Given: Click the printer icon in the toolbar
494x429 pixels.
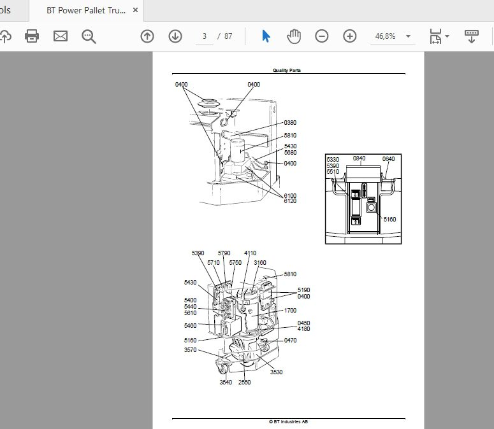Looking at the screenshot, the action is [x=32, y=36].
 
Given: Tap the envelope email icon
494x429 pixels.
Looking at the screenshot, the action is [x=61, y=36].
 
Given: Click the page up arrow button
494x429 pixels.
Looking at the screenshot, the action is [x=147, y=36].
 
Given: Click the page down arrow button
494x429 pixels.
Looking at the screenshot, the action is [x=175, y=36].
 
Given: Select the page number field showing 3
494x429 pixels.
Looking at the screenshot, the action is [x=205, y=36].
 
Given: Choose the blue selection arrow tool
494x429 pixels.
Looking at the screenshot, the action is [x=266, y=36].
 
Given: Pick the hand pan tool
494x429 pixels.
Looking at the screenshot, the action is [x=294, y=36].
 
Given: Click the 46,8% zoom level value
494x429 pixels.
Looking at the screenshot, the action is [x=385, y=36].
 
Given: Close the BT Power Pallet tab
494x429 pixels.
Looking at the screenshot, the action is [x=136, y=10].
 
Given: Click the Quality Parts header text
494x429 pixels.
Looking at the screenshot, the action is [x=287, y=70].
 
